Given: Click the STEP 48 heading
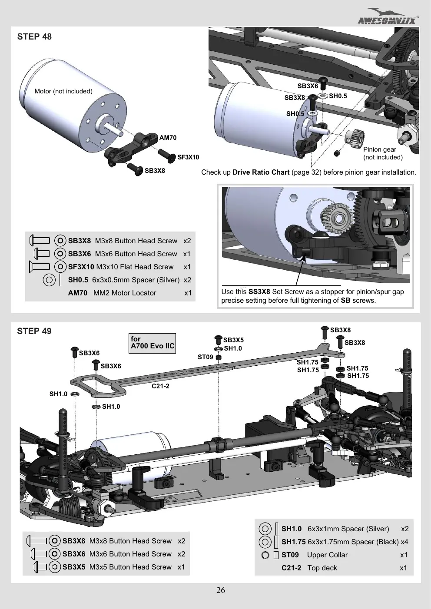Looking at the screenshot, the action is pyautogui.click(x=34, y=36).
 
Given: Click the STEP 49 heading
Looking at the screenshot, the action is pyautogui.click(x=34, y=331).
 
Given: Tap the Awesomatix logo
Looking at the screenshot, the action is pyautogui.click(x=388, y=17).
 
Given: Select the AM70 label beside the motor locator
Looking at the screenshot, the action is pyautogui.click(x=168, y=138).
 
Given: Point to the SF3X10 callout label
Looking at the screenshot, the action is pyautogui.click(x=188, y=157).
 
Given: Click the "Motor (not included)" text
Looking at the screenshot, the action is pyautogui.click(x=63, y=91).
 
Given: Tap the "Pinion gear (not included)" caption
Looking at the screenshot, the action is pyautogui.click(x=383, y=153).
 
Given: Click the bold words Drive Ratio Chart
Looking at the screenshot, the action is pyautogui.click(x=261, y=172).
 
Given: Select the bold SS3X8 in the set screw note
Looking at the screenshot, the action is pyautogui.click(x=259, y=292).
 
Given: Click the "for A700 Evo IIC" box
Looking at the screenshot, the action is pyautogui.click(x=152, y=343).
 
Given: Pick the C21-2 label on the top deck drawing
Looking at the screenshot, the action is pyautogui.click(x=160, y=386).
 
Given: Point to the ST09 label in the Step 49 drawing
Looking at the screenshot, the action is pyautogui.click(x=206, y=357).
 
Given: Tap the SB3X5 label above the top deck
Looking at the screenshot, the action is pyautogui.click(x=233, y=340).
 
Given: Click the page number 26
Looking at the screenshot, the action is pyautogui.click(x=221, y=590).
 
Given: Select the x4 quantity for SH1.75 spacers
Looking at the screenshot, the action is pyautogui.click(x=404, y=542).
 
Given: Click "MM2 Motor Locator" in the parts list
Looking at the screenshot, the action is pyautogui.click(x=125, y=293).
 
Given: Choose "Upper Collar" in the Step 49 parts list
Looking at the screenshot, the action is pyautogui.click(x=327, y=555).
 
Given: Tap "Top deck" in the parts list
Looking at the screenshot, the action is pyautogui.click(x=322, y=568).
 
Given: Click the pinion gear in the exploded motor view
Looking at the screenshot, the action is pyautogui.click(x=355, y=136).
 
